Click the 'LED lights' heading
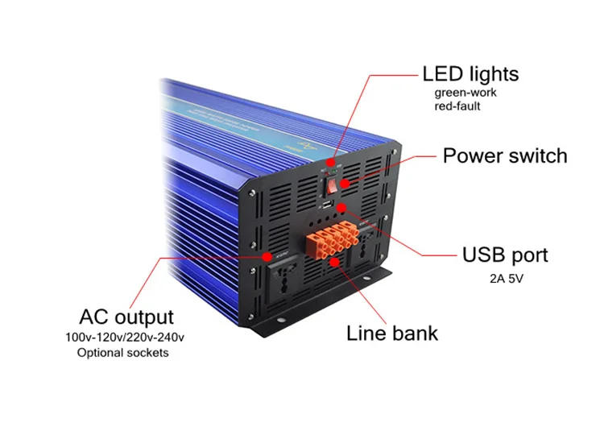(470, 74)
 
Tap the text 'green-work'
(465, 93)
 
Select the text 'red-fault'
(457, 106)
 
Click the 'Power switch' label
(505, 156)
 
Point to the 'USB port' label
(505, 255)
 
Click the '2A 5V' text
(507, 279)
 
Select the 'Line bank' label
(392, 334)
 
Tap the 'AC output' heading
(126, 317)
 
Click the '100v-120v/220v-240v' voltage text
(124, 338)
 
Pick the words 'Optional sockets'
(123, 353)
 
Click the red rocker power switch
(332, 185)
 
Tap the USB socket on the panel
(327, 205)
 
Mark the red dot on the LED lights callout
(331, 162)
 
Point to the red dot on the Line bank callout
(335, 262)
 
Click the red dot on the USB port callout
(341, 208)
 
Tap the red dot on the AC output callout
(267, 256)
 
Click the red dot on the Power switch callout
(345, 184)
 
